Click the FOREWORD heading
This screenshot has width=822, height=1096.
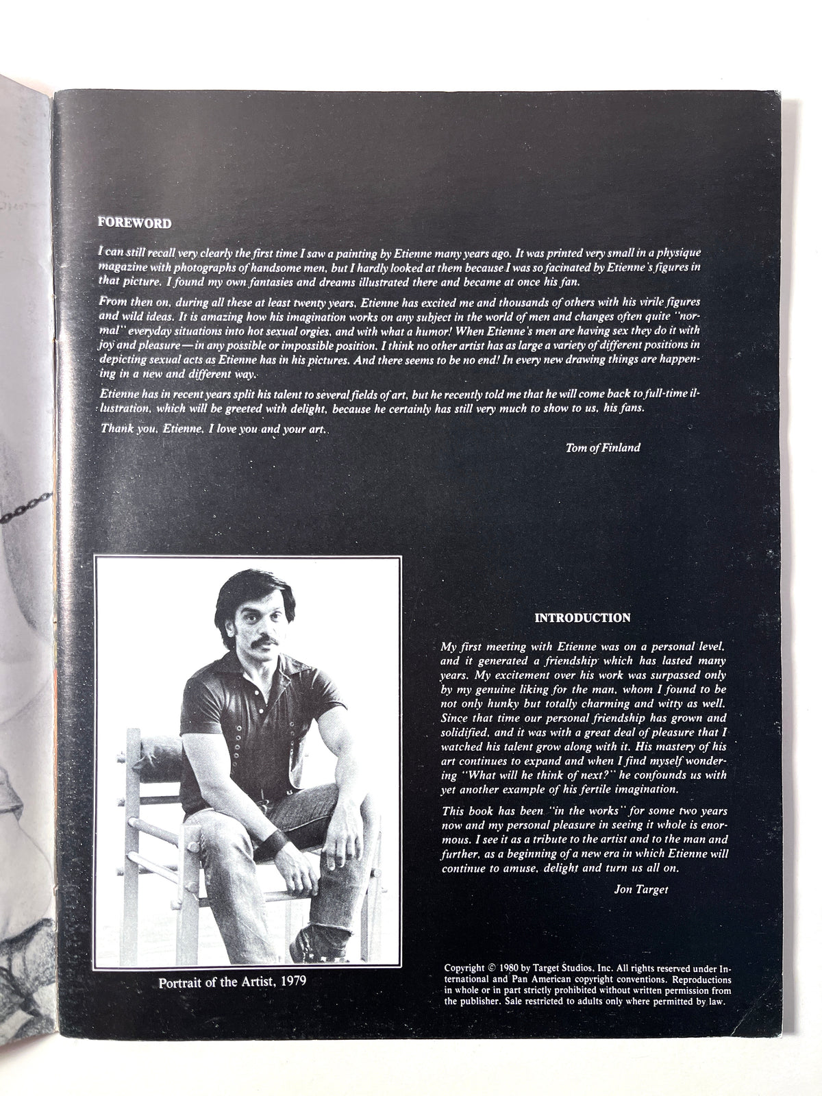[134, 223]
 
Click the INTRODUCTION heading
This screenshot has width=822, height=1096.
[582, 617]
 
